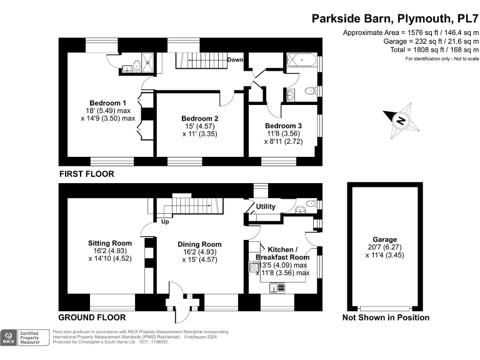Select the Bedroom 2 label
pos(199,118)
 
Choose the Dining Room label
pos(199,244)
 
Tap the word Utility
pos(266,206)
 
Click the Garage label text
pos(385,240)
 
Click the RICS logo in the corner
pos(9,338)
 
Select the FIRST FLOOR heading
pos(86,174)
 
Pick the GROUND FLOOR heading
pos(92,317)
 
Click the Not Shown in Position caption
pos(386,317)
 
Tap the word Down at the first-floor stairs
pos(235,60)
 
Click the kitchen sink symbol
pos(276,287)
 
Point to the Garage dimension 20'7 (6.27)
pos(385,249)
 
